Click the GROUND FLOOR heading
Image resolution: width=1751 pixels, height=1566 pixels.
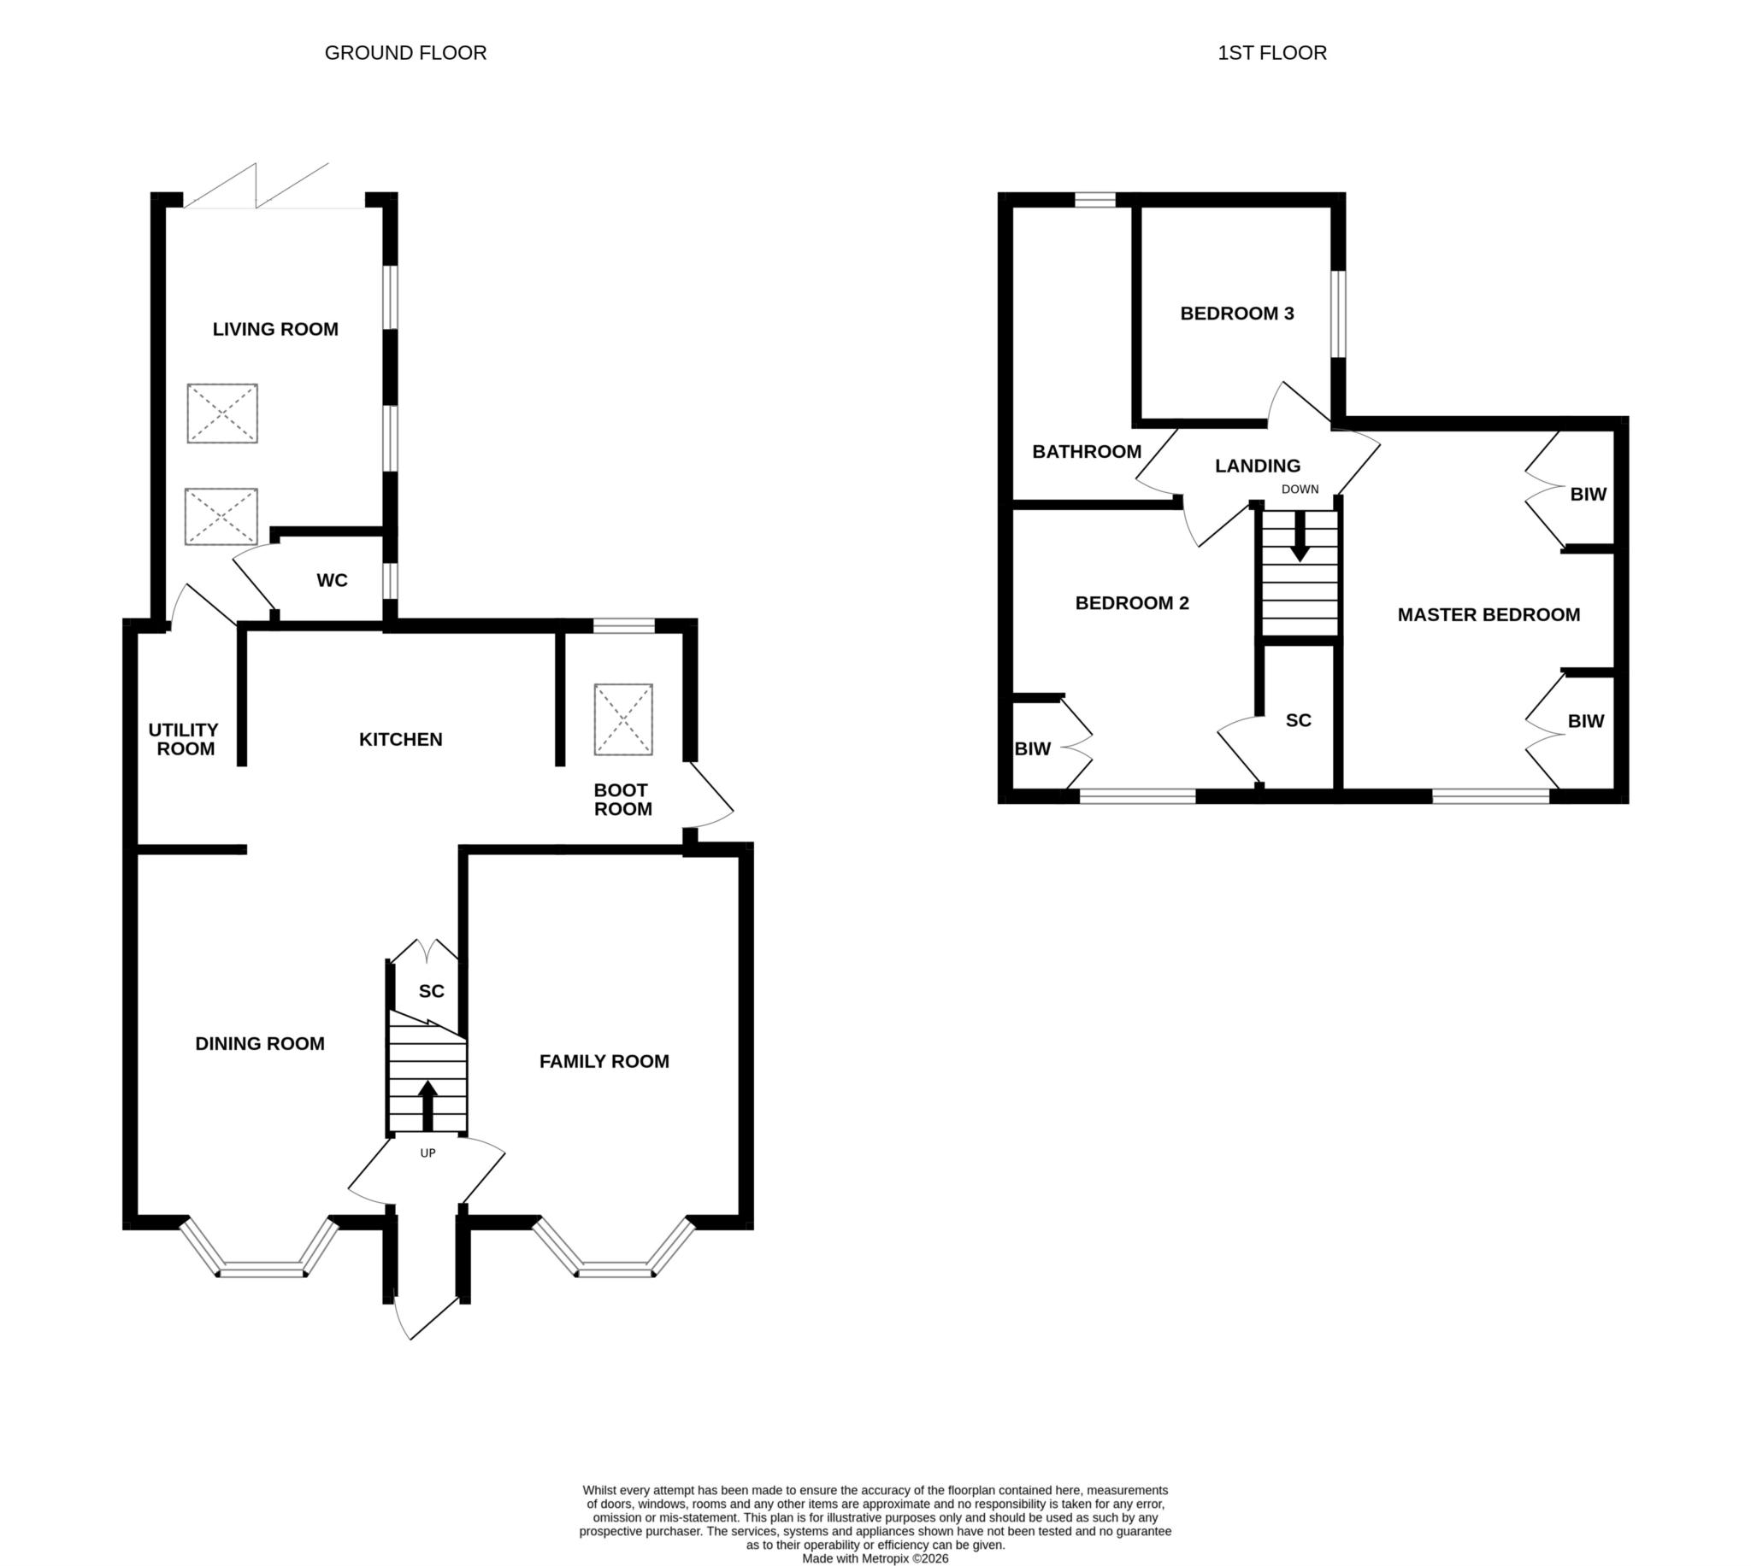pyautogui.click(x=405, y=52)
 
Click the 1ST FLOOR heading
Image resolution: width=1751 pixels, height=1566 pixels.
pyautogui.click(x=1271, y=52)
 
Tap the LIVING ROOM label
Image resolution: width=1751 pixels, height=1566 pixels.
pyautogui.click(x=275, y=329)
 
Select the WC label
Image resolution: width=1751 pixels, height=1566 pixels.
pyautogui.click(x=333, y=580)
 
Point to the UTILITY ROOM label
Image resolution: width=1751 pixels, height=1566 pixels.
pyautogui.click(x=183, y=739)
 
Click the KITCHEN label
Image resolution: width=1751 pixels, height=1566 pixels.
pyautogui.click(x=400, y=739)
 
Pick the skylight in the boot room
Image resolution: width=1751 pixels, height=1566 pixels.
pyautogui.click(x=623, y=719)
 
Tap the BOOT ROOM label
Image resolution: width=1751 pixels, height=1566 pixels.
pyautogui.click(x=622, y=800)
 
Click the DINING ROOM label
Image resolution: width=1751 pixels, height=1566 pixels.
pyautogui.click(x=260, y=1044)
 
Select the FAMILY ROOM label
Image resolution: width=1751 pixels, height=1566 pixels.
pyautogui.click(x=604, y=1062)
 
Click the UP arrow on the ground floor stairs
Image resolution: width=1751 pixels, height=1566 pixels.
pyautogui.click(x=427, y=1106)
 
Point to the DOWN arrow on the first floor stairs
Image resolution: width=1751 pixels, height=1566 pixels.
pyautogui.click(x=1300, y=537)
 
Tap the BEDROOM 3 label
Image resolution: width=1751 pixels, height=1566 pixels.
pyautogui.click(x=1237, y=314)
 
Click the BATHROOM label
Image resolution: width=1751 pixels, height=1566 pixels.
pyautogui.click(x=1087, y=452)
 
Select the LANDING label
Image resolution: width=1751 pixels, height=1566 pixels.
pyautogui.click(x=1258, y=466)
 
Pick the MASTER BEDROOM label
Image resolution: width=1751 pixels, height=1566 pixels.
pyautogui.click(x=1489, y=614)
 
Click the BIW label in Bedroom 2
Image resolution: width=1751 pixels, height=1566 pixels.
pyautogui.click(x=1032, y=748)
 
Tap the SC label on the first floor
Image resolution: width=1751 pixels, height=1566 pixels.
pyautogui.click(x=1298, y=720)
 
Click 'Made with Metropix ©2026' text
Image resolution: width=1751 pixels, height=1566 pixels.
pyautogui.click(x=875, y=1558)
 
